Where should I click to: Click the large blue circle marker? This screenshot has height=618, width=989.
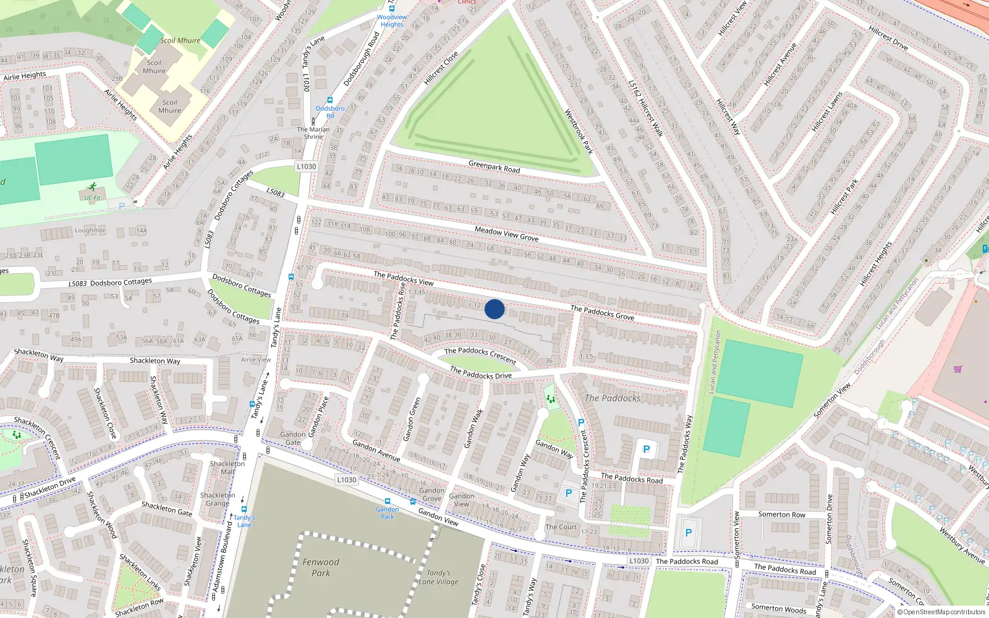494,309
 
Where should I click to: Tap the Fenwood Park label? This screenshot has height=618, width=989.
320,567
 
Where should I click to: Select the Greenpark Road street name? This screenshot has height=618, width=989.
494,166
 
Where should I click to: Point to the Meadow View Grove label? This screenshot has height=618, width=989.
506,234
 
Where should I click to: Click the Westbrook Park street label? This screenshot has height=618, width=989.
579,132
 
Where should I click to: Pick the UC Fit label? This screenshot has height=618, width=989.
93,198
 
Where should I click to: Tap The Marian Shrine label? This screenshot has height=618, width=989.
313,133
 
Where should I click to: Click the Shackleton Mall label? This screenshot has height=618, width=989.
227,467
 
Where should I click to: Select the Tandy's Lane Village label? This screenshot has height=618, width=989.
438,577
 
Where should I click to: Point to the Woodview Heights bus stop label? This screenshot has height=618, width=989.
392,21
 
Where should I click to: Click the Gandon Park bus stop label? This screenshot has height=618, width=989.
388,513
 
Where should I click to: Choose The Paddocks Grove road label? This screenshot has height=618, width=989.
602,312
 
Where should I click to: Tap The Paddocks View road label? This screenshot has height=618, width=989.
404,278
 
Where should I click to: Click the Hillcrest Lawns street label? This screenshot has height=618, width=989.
827,111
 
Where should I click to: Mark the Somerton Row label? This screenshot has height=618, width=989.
782,514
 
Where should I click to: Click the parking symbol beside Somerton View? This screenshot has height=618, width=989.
689,533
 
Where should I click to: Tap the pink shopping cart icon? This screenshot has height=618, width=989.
958,369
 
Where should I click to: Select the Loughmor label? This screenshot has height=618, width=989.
90,231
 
